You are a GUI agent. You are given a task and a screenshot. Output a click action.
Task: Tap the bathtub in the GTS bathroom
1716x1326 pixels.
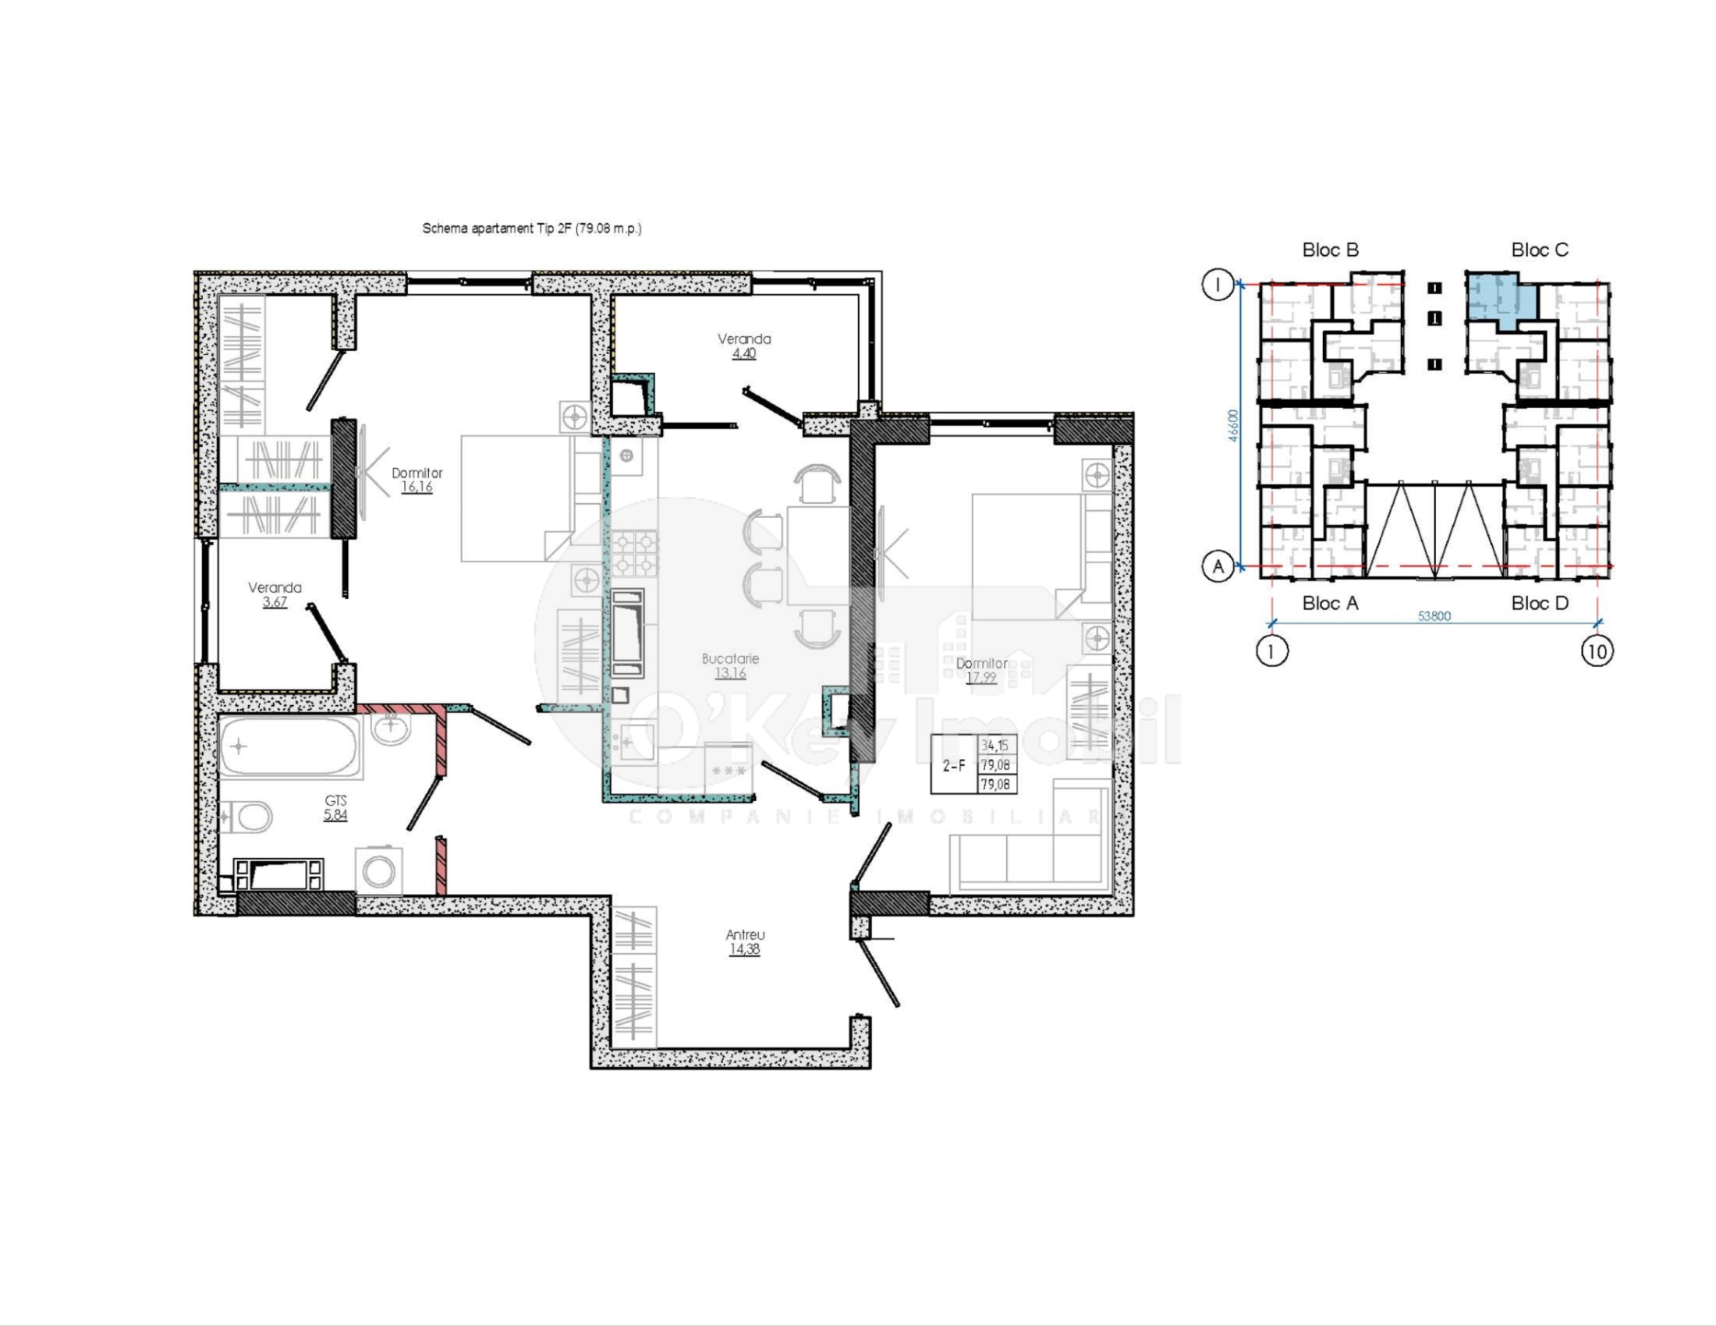click(x=289, y=747)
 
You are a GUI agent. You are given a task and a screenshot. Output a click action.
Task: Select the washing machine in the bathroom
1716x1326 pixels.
click(x=380, y=871)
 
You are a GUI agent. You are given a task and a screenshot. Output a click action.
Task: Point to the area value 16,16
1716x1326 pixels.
click(x=417, y=487)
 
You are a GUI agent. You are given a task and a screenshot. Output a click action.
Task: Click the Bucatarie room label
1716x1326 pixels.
click(x=730, y=659)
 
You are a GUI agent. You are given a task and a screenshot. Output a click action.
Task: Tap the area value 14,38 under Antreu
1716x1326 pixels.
click(x=744, y=949)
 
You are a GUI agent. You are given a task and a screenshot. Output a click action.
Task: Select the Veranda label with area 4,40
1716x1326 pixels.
click(x=744, y=339)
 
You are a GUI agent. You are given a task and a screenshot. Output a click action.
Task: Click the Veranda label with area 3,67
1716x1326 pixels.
click(x=275, y=587)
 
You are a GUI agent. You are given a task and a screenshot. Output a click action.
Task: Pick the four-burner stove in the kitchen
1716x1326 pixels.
click(x=634, y=552)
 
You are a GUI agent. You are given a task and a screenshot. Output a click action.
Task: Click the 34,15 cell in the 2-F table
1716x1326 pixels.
click(x=994, y=745)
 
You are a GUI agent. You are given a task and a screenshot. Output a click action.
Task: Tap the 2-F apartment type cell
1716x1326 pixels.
click(x=954, y=764)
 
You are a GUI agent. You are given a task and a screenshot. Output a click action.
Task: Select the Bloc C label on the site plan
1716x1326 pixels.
click(x=1539, y=250)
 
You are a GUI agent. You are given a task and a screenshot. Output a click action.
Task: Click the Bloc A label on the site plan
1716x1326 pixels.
click(x=1329, y=603)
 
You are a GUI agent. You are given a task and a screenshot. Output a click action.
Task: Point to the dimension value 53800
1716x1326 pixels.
click(x=1434, y=616)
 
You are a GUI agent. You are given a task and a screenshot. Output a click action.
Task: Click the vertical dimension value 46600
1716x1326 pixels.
click(x=1234, y=425)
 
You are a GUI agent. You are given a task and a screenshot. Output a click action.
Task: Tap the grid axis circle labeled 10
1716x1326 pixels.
click(x=1597, y=651)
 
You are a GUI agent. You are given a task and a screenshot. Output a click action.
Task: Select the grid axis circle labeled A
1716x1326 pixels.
click(x=1218, y=565)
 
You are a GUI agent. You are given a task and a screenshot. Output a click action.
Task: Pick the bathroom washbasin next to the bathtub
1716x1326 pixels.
click(x=390, y=728)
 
